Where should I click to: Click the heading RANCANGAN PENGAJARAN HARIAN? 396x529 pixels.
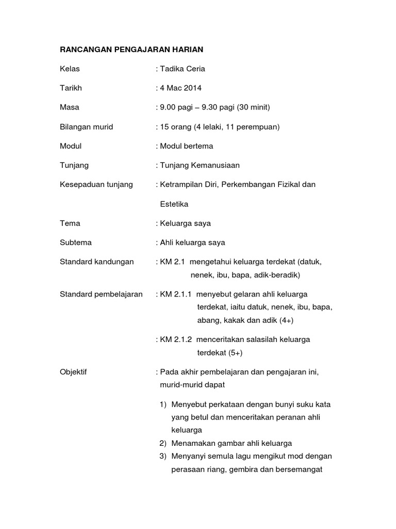click(132, 50)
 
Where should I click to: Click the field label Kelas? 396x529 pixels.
click(70, 69)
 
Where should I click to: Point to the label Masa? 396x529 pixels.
click(70, 107)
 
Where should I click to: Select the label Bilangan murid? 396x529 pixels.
click(86, 127)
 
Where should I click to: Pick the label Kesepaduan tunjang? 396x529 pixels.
click(96, 184)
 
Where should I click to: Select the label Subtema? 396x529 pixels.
click(76, 242)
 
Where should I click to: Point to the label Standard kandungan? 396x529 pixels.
click(96, 261)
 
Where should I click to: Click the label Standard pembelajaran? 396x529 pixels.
click(101, 294)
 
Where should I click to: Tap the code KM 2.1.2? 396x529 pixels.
click(176, 339)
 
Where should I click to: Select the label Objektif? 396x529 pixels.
click(73, 372)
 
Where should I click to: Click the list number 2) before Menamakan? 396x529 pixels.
click(163, 443)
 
